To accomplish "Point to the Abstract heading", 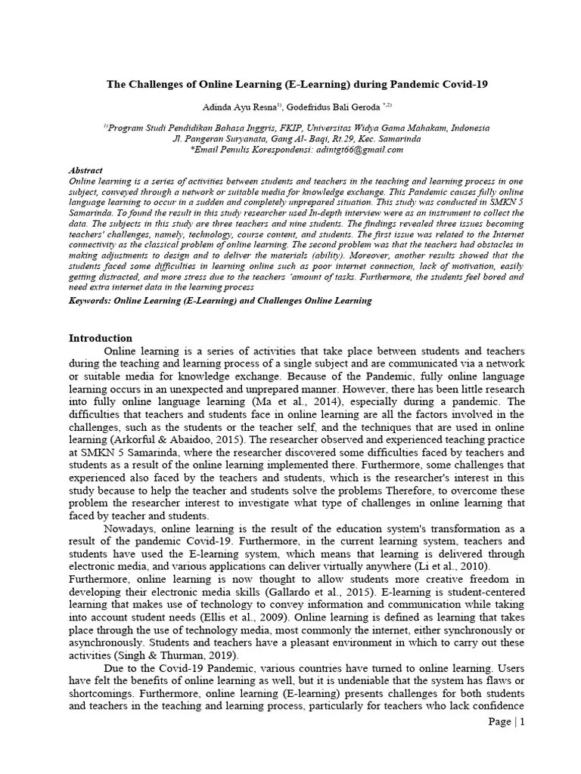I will click(85, 171).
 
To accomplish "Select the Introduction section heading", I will click(101, 338).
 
